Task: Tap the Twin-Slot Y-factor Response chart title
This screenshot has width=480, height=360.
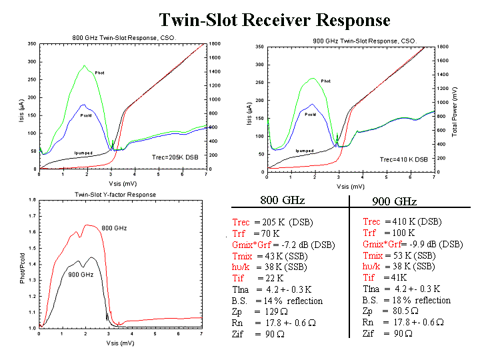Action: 115,195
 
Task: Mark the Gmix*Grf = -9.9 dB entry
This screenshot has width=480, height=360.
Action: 413,244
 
